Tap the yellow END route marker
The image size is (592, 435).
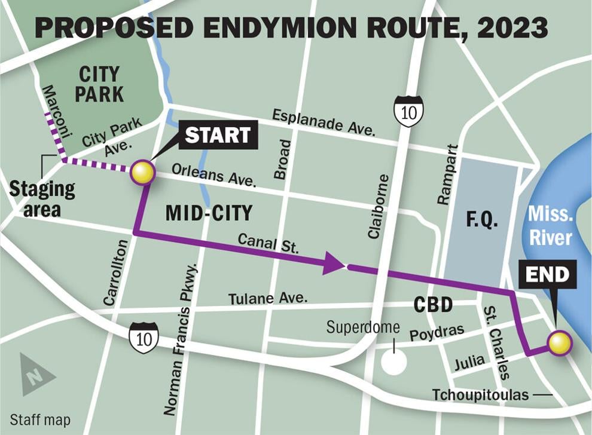click(x=560, y=344)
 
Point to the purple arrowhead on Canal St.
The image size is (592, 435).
click(x=334, y=264)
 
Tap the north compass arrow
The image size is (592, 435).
click(x=36, y=375)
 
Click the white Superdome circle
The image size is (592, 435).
click(x=393, y=362)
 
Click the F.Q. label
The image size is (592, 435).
click(x=482, y=220)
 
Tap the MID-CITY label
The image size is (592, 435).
click(x=209, y=212)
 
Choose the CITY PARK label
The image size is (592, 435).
click(x=99, y=84)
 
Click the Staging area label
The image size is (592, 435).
click(x=42, y=199)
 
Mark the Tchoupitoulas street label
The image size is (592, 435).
click(x=481, y=395)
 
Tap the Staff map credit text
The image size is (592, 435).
click(x=40, y=420)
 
